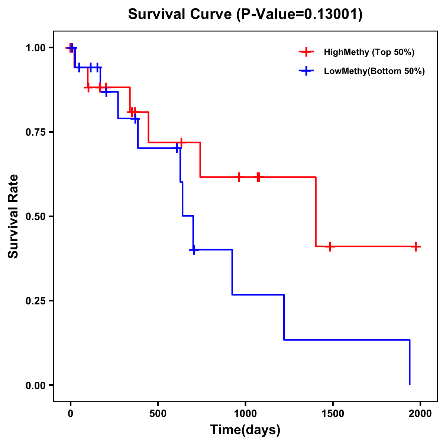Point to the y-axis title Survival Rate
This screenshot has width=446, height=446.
13,216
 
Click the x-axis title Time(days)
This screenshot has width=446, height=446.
245,430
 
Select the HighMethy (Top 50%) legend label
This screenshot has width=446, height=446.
369,52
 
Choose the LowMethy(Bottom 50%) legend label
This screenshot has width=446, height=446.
374,71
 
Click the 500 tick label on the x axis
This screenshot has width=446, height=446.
158,414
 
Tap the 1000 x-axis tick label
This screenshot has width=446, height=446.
245,414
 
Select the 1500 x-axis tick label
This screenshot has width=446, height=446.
333,414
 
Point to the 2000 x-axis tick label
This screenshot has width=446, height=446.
420,414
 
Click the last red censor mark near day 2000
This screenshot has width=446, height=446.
416,246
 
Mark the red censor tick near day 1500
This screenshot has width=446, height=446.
330,246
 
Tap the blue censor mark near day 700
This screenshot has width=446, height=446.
194,250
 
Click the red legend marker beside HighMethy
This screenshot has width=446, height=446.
306,52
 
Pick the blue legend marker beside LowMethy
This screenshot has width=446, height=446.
306,71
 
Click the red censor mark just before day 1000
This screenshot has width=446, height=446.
239,177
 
